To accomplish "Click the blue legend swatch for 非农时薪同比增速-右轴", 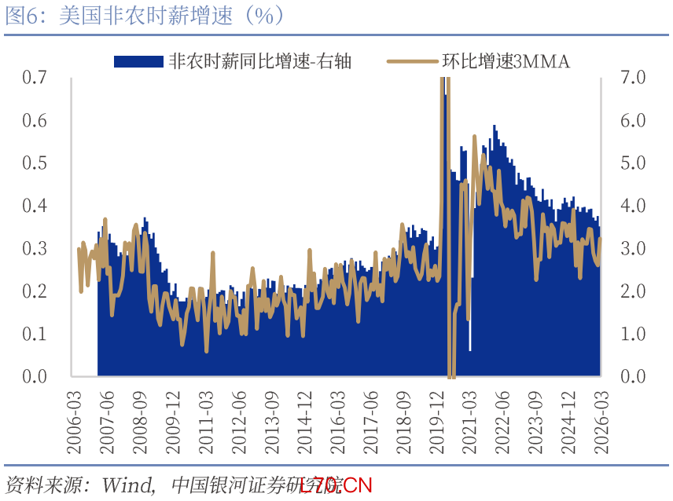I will coord(138,61).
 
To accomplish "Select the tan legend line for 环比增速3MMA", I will coord(412,61).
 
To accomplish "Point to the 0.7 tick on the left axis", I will coord(35,78).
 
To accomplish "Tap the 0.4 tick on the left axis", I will coord(35,206).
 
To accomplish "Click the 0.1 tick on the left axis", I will coord(35,334).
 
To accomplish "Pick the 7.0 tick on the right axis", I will coord(632,78).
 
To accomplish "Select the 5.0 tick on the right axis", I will coord(632,163).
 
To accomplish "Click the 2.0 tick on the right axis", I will coord(632,291).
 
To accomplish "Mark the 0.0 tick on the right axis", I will coord(632,377).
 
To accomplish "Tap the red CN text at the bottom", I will coord(359,485).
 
